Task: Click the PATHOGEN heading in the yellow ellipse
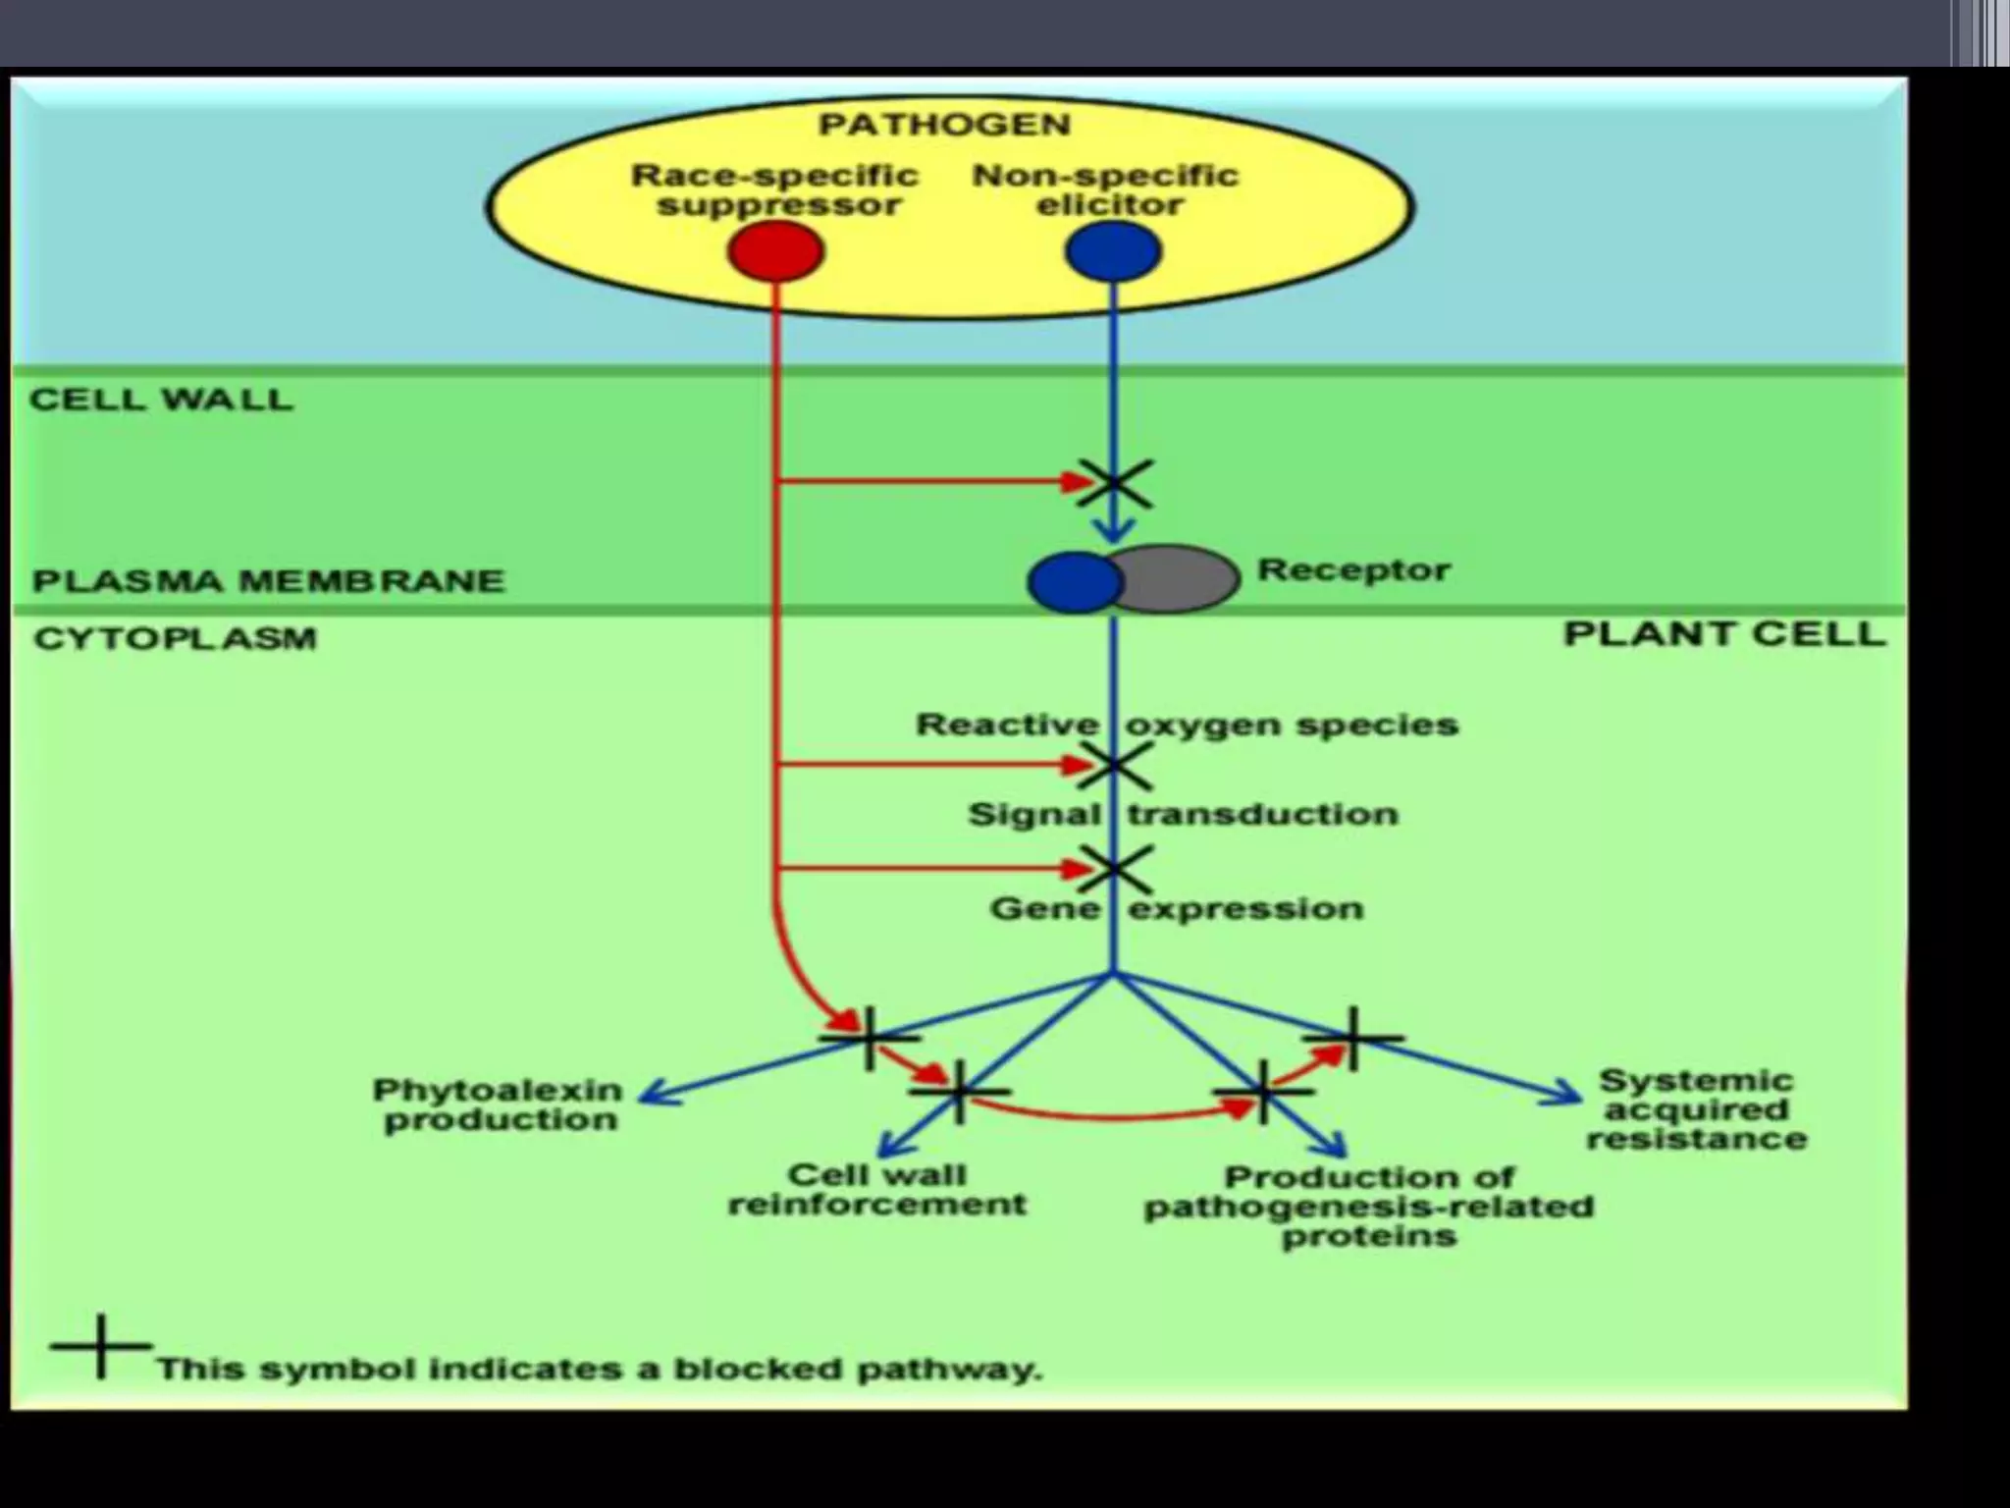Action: click(944, 125)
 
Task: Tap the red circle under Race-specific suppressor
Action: click(775, 250)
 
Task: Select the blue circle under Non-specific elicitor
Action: click(1113, 250)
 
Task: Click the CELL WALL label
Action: click(162, 400)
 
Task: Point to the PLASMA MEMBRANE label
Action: click(268, 580)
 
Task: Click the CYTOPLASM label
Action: click(176, 639)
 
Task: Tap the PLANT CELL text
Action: click(1724, 634)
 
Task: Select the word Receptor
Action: click(1353, 569)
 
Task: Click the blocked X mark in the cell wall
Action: click(1115, 483)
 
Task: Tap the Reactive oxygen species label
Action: click(1187, 725)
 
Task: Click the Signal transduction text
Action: click(1183, 814)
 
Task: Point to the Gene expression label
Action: click(1177, 908)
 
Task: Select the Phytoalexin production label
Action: click(499, 1104)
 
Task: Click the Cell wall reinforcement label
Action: click(876, 1189)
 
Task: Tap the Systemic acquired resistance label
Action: click(1696, 1109)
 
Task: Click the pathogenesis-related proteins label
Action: click(1369, 1206)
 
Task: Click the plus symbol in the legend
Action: click(101, 1345)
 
